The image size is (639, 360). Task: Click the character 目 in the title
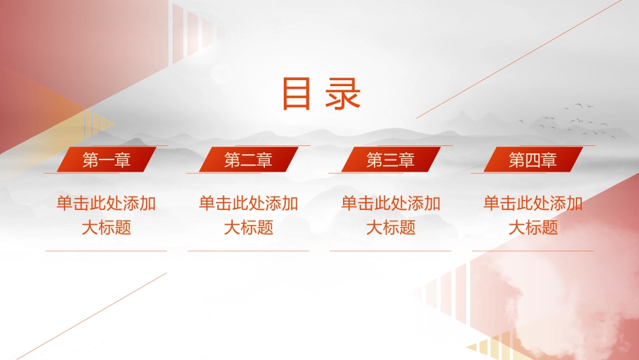click(x=296, y=94)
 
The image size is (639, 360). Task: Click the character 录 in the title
click(x=343, y=94)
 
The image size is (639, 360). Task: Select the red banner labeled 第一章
click(x=106, y=159)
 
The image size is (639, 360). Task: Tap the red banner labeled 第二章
click(x=249, y=159)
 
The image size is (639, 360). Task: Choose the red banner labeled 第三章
click(x=391, y=159)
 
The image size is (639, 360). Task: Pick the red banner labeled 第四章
click(x=533, y=159)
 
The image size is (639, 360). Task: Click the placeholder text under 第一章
click(x=106, y=215)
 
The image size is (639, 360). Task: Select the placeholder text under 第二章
click(x=249, y=215)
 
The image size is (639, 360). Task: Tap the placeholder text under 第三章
click(x=391, y=215)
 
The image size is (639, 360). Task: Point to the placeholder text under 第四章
click(x=533, y=215)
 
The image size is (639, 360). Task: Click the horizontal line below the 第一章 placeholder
click(x=106, y=251)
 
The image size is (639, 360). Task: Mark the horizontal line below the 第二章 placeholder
click(x=248, y=251)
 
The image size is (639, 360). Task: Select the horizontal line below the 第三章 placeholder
click(x=390, y=251)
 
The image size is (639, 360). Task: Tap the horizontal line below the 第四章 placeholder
click(x=533, y=251)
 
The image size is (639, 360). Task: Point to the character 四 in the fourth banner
click(x=533, y=160)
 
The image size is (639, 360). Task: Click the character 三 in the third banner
click(x=390, y=160)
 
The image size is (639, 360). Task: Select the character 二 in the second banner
click(x=248, y=160)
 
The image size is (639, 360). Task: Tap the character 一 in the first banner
click(x=106, y=160)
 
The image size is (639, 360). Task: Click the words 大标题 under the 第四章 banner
click(x=533, y=227)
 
